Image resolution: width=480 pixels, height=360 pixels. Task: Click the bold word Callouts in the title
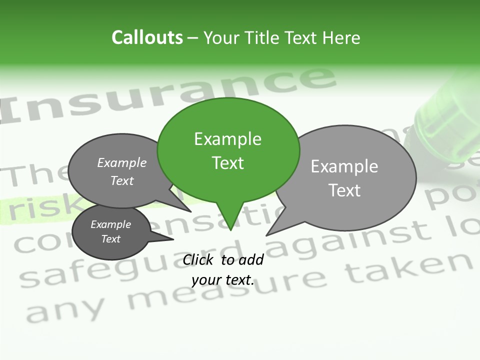[x=147, y=37]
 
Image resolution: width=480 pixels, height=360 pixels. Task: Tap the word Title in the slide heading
[x=262, y=38]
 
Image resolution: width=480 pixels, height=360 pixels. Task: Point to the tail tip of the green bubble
[x=230, y=229]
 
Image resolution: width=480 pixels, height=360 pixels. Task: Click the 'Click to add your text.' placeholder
[x=223, y=270]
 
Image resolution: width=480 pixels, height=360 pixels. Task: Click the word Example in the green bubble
[x=227, y=139]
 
